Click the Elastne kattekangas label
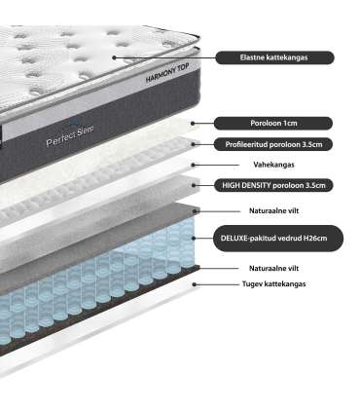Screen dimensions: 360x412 [x=274, y=57]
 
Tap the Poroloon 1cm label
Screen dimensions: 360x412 [x=273, y=124]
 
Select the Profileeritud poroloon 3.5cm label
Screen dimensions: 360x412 [x=273, y=144]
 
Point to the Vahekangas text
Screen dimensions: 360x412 [x=273, y=165]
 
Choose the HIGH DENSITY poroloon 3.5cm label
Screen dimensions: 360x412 [x=273, y=185]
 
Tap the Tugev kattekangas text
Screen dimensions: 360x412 [x=274, y=284]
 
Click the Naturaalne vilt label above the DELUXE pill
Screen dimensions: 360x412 [x=273, y=211]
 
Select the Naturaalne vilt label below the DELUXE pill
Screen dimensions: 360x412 [x=273, y=269]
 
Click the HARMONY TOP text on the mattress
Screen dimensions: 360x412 [x=167, y=74]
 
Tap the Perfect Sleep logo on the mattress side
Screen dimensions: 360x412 [x=70, y=135]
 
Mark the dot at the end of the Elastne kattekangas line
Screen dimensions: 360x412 [x=114, y=57]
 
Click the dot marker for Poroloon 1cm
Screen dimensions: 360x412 [x=193, y=124]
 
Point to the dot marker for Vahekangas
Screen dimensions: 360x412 [x=194, y=165]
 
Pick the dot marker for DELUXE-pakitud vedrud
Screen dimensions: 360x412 [x=194, y=239]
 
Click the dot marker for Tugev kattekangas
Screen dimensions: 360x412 [x=195, y=284]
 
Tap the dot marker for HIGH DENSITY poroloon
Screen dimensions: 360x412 [x=194, y=185]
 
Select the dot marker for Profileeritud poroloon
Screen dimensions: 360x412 [x=194, y=144]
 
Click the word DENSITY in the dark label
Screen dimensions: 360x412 [x=256, y=185]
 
